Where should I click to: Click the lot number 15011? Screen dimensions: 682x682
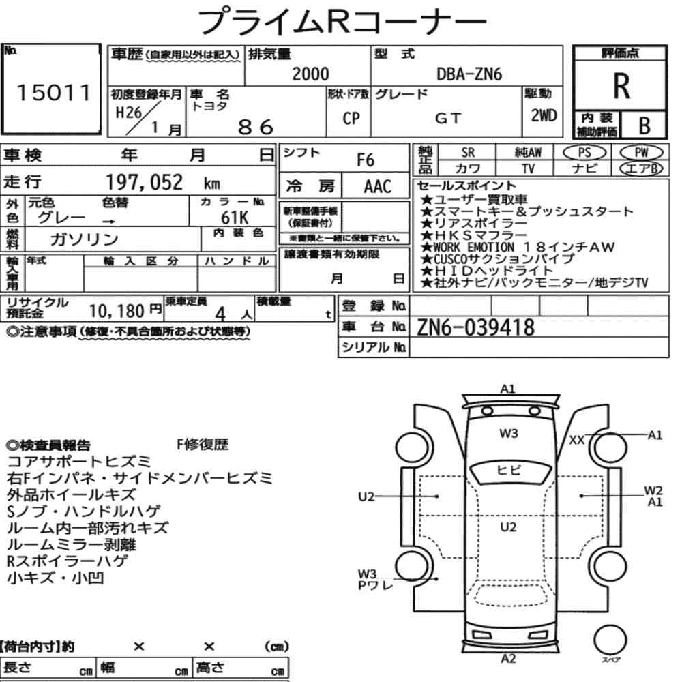(53, 92)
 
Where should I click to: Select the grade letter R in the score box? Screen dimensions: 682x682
(621, 86)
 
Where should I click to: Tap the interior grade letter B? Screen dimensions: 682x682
(644, 125)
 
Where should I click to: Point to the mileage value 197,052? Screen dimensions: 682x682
(145, 182)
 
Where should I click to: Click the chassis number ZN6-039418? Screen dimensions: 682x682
(475, 327)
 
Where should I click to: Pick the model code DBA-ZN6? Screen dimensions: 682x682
(469, 74)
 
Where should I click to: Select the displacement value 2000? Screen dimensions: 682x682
(310, 74)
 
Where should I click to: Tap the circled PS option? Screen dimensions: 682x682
(584, 153)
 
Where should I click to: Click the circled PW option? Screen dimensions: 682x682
(641, 153)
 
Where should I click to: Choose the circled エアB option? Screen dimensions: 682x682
(641, 168)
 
